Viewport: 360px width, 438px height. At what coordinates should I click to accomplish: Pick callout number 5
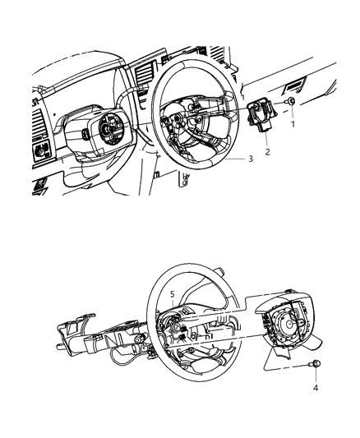(172, 293)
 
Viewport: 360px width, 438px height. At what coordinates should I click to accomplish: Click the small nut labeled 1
(292, 102)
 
